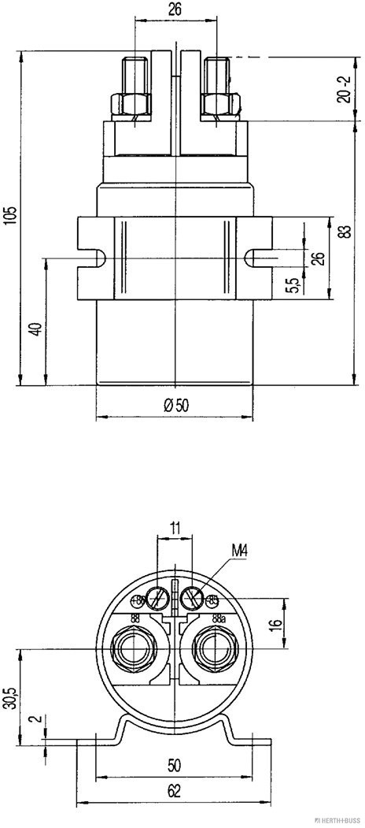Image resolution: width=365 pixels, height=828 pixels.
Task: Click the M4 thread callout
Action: coord(241,548)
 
